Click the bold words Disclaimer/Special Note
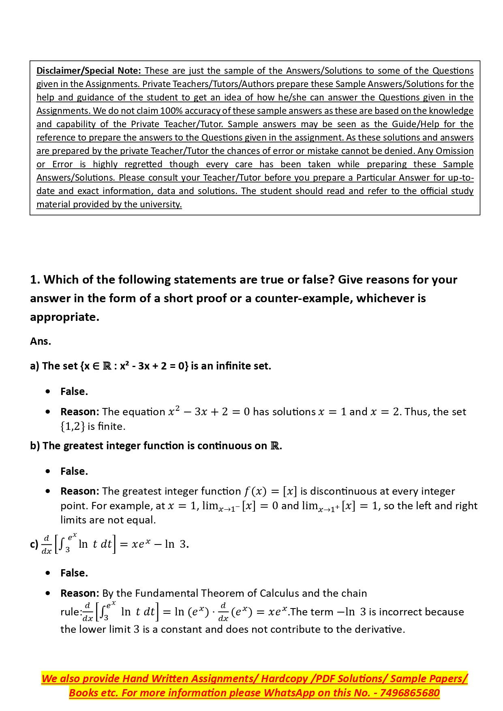pos(88,70)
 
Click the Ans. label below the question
pos(41,341)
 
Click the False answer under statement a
pos(74,391)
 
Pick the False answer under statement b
pos(74,471)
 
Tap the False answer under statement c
pos(74,573)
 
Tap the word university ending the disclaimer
pos(161,204)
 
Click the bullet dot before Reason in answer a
pos(48,412)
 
